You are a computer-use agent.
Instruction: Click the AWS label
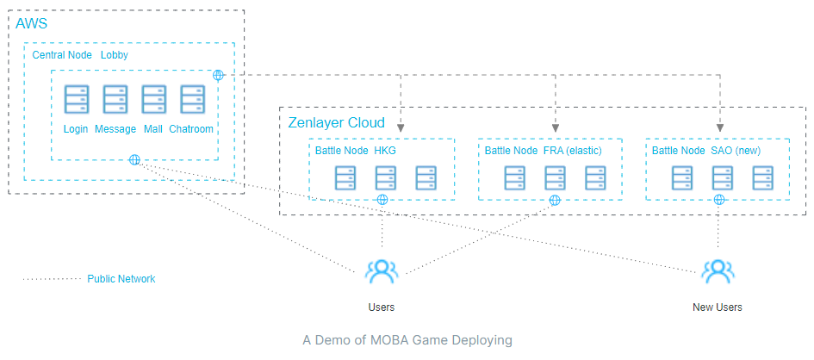click(x=33, y=23)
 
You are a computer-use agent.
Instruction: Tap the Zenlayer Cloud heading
click(x=337, y=122)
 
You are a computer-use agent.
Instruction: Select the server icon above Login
click(x=76, y=100)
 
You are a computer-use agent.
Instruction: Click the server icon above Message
click(x=115, y=100)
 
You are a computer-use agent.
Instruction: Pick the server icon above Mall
click(x=153, y=100)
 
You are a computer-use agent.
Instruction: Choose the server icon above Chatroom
click(x=191, y=100)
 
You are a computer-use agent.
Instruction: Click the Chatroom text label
click(x=191, y=129)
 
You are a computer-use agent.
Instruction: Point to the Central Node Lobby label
click(x=80, y=54)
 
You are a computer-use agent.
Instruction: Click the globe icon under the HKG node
click(x=382, y=200)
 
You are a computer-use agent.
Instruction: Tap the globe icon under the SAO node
click(x=718, y=200)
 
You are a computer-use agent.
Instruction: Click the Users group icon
click(x=381, y=271)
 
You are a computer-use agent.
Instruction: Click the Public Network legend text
click(x=121, y=279)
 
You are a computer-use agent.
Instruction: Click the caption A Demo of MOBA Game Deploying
click(x=407, y=340)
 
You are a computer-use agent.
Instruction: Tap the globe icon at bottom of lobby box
click(x=134, y=159)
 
